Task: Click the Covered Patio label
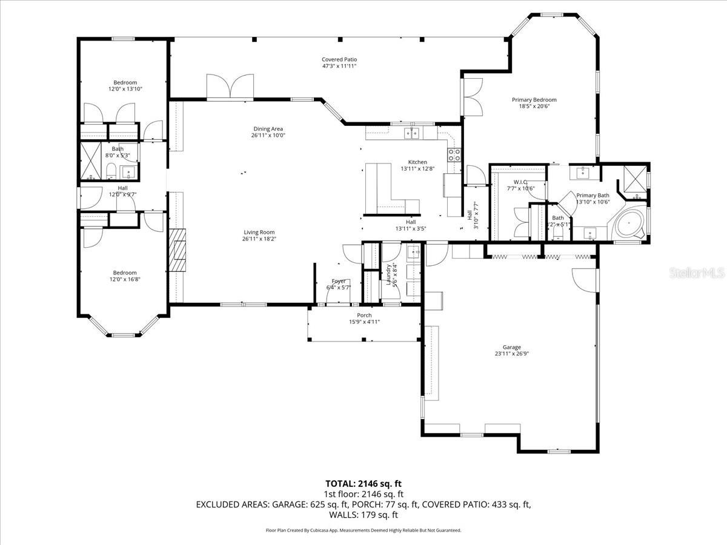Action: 339,59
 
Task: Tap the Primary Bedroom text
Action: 534,100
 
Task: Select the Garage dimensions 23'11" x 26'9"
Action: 511,354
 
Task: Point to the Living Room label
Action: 259,232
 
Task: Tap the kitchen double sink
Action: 412,133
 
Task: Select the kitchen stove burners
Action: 454,155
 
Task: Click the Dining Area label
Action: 268,128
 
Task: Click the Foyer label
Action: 338,281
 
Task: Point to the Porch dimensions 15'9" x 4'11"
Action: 364,322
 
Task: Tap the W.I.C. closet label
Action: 520,182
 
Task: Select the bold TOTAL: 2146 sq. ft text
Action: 363,483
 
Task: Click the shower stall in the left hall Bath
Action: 91,161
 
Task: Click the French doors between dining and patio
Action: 230,86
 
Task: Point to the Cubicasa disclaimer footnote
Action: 363,530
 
